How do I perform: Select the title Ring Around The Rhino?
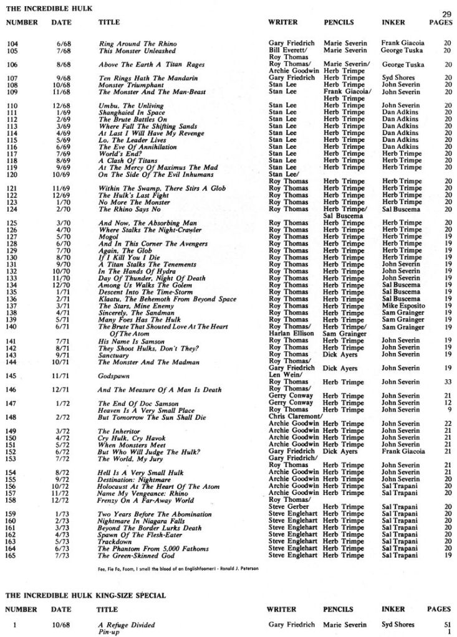pos(129,43)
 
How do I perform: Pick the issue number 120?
pos(12,174)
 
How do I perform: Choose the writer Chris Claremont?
pos(295,417)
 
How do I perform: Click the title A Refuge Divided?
pos(127,624)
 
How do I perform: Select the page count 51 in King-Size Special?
pos(447,624)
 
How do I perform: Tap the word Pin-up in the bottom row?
pos(109,631)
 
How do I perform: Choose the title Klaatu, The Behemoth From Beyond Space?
pos(167,300)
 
